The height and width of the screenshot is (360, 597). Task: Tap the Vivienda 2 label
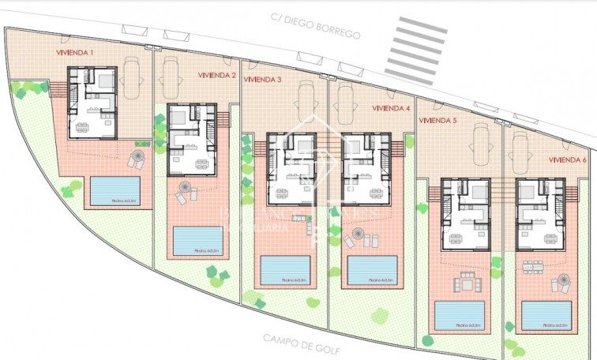(x=217, y=76)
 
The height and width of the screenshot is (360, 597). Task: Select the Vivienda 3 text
(x=263, y=80)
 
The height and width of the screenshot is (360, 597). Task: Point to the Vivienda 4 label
(x=390, y=108)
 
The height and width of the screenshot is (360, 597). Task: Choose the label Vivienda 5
(x=437, y=121)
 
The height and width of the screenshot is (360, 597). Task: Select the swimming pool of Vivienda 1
(x=115, y=190)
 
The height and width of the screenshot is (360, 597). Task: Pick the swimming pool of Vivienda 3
(x=283, y=269)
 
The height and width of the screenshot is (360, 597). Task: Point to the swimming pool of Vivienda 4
(x=370, y=269)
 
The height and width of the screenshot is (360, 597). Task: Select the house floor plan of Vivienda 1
(x=92, y=102)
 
